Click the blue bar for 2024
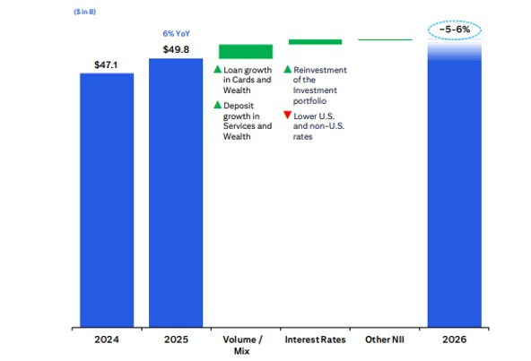107,199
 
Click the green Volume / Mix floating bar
245,51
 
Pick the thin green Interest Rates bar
314,41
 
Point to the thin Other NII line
385,39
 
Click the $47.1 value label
107,64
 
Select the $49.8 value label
176,48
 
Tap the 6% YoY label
176,33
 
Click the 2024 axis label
107,340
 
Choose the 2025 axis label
176,340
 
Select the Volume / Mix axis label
245,346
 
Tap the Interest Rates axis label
314,340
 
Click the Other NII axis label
384,340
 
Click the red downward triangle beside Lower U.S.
287,116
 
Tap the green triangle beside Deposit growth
217,106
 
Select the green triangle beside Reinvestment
287,69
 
